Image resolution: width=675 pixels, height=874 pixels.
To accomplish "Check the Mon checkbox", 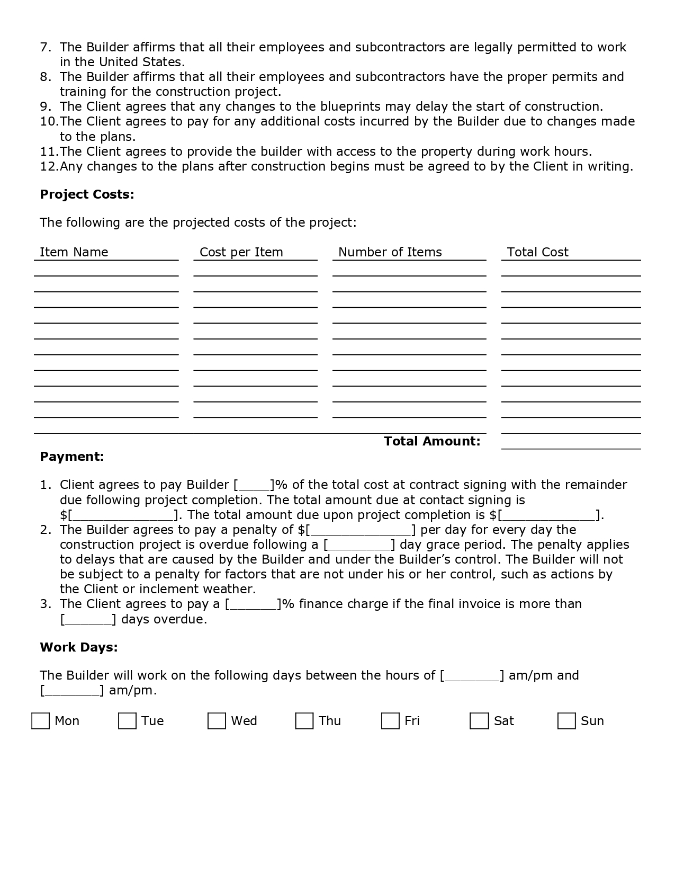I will point(40,721).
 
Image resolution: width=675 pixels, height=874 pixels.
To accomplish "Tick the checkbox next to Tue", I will point(127,721).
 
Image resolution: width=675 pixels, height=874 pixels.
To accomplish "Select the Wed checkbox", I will point(217,721).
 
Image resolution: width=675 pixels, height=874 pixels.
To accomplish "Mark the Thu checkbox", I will point(304,721).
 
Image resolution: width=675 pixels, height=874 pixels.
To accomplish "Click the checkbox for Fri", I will point(390,721).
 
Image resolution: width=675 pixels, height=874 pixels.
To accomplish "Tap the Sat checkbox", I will point(479,721).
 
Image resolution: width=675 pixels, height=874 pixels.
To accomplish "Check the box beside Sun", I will point(566,721).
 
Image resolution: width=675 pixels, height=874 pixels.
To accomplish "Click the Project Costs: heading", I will point(87,194).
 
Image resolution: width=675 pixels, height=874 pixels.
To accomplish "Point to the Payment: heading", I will point(72,457).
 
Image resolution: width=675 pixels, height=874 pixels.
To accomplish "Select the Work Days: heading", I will point(79,647).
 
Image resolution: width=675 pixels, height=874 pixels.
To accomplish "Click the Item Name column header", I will point(74,252).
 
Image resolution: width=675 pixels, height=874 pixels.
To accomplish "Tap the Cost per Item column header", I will point(241,252).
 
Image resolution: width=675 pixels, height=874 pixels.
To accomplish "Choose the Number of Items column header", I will point(390,252).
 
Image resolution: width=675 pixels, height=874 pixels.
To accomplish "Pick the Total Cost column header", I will point(538,252).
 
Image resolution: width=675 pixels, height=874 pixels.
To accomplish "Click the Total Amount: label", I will point(432,441).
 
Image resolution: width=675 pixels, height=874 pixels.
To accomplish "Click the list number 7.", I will point(46,47).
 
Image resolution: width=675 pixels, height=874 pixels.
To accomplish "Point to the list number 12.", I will point(49,166).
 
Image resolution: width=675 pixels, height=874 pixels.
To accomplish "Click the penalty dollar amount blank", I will point(361,530).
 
